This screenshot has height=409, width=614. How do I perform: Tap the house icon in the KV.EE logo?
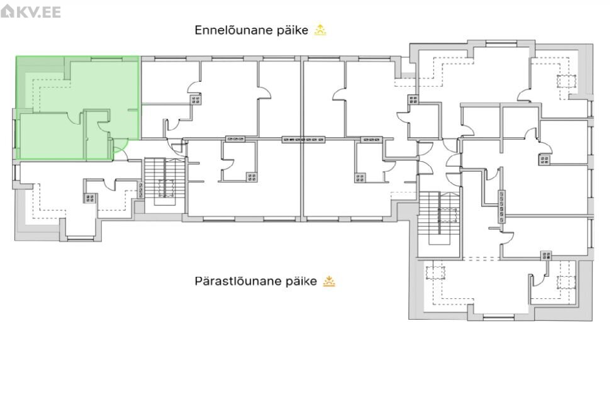[8, 11]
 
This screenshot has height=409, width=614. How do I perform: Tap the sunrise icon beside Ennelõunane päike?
[320, 30]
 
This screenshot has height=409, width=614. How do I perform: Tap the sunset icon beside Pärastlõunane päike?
[329, 281]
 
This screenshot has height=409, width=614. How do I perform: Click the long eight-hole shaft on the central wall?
[303, 139]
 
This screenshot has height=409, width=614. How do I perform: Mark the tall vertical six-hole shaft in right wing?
[501, 206]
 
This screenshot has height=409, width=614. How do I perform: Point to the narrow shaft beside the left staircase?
[141, 190]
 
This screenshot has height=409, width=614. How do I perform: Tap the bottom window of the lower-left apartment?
[81, 237]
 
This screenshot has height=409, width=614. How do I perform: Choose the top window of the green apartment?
[106, 59]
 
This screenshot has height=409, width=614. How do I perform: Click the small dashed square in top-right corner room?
[567, 81]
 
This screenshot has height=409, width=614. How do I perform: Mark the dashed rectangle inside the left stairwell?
[167, 188]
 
